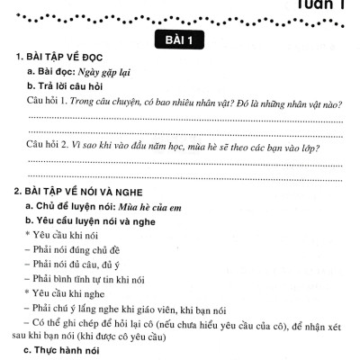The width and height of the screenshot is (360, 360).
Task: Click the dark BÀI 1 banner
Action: coord(180,40)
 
